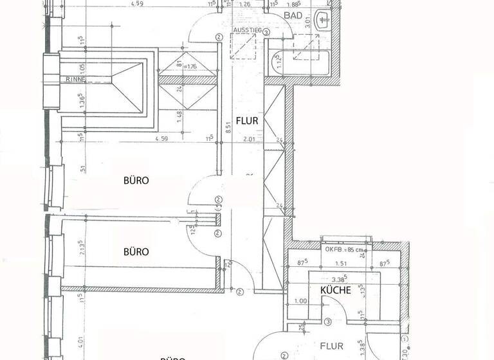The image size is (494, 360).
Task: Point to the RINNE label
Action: coord(75,80)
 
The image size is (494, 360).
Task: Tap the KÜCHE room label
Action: coord(336,290)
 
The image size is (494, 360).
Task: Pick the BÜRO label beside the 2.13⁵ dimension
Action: coord(136,251)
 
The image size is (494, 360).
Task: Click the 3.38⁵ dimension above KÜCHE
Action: coord(338,278)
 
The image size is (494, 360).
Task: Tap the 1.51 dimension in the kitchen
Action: coord(342,263)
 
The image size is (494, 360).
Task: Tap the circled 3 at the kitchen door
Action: coord(327,321)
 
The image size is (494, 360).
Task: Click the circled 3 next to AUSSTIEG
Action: coord(219,38)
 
